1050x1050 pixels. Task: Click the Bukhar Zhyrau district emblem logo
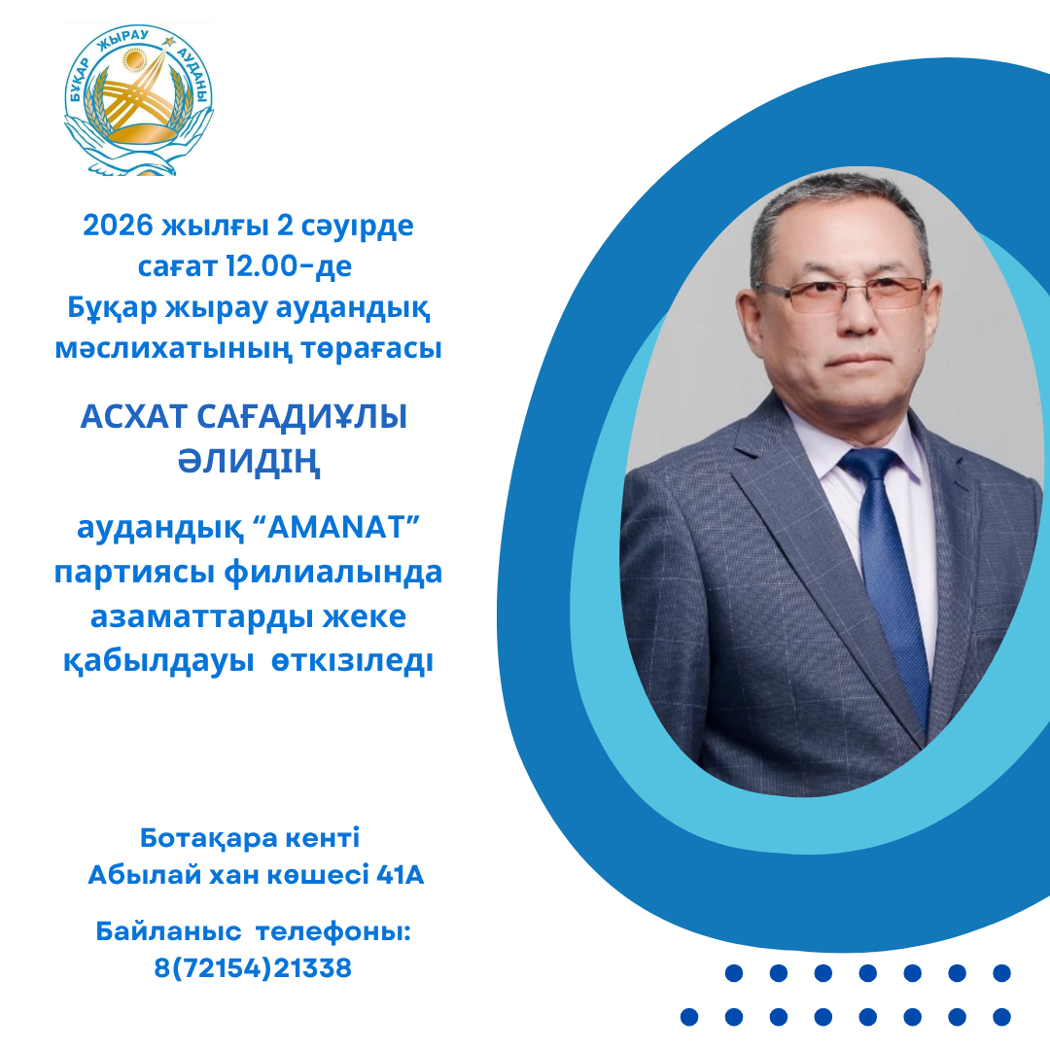(x=138, y=99)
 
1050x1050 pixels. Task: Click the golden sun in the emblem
(x=137, y=64)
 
